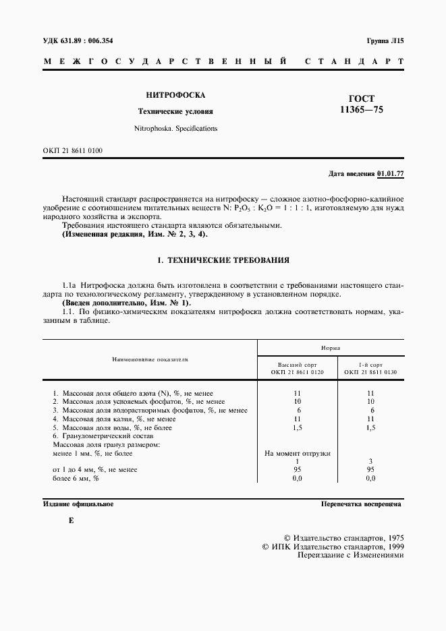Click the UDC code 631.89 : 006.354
coord(78,40)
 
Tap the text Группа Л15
coord(385,40)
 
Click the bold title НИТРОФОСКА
coord(175,95)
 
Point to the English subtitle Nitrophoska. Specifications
coord(175,127)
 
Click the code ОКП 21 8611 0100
coord(73,151)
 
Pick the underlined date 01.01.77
coord(390,174)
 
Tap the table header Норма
coord(330,348)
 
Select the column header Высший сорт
coord(298,363)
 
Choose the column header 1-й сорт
coord(370,363)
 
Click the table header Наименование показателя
coord(150,360)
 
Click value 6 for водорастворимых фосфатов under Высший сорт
coord(298,410)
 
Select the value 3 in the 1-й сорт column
coord(370,460)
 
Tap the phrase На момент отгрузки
coord(298,453)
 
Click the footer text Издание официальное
coord(78,504)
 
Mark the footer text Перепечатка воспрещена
coord(362,504)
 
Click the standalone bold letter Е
coord(72,520)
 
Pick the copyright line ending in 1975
coord(343,538)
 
